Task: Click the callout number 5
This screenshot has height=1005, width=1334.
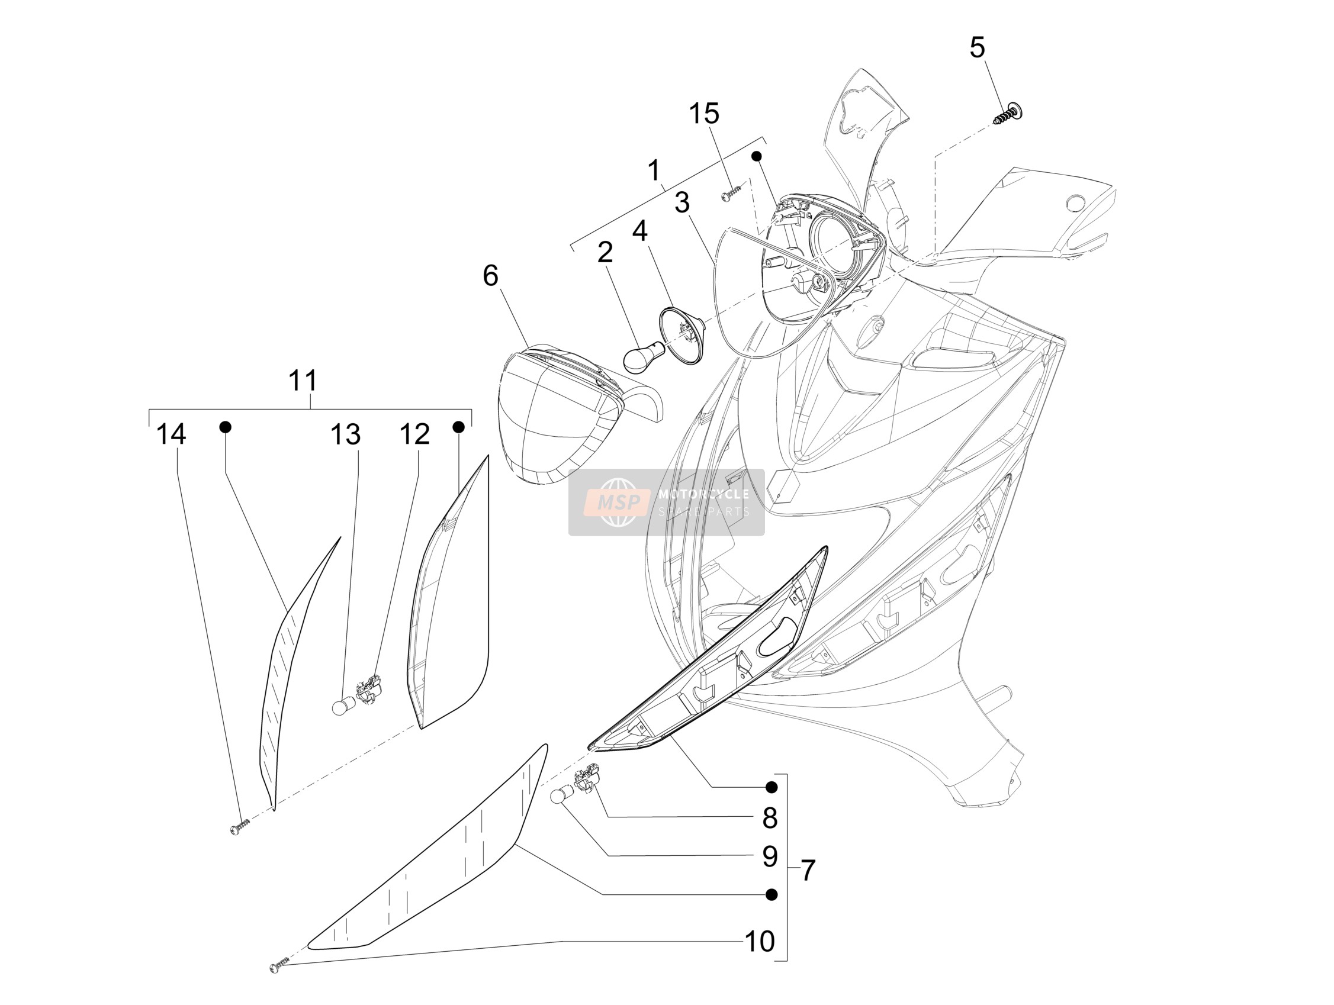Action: click(x=977, y=47)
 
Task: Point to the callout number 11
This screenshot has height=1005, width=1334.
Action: click(x=303, y=381)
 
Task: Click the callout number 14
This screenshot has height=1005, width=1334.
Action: click(x=171, y=434)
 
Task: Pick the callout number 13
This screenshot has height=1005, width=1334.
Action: click(x=346, y=434)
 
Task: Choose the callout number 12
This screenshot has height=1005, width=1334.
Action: click(x=415, y=434)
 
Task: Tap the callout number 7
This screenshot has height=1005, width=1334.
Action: click(x=808, y=870)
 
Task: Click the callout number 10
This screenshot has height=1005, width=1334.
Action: click(x=760, y=941)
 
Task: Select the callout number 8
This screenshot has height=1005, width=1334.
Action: click(x=770, y=818)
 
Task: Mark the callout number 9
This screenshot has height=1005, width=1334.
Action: click(x=770, y=856)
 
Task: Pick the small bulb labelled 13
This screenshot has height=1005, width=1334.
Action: click(x=343, y=706)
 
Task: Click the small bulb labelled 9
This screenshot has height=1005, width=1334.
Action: click(x=561, y=796)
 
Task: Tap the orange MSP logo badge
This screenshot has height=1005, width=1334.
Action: click(x=619, y=501)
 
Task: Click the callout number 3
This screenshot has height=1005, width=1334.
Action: click(x=682, y=202)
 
